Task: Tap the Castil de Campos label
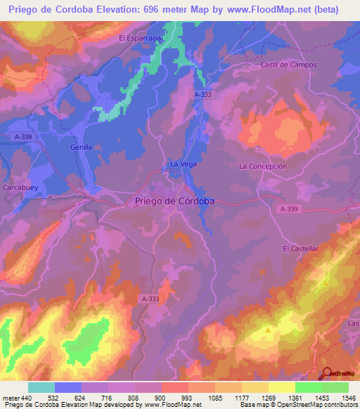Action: [289, 65]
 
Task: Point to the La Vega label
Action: [184, 164]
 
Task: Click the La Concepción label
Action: [264, 167]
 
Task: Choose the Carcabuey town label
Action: [25, 188]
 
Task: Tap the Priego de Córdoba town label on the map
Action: [174, 201]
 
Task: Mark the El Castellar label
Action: [301, 249]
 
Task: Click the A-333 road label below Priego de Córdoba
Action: [149, 299]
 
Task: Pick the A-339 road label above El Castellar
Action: [289, 209]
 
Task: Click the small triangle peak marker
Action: [268, 329]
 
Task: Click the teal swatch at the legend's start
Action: [41, 387]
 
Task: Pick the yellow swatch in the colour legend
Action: [282, 387]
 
